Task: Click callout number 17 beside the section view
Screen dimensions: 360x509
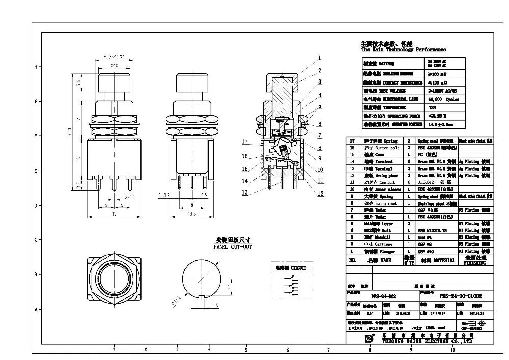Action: click(245, 141)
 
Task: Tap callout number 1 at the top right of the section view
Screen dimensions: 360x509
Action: click(319, 57)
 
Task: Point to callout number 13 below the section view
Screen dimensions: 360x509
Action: click(245, 192)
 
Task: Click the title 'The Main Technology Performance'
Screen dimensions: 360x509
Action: click(403, 50)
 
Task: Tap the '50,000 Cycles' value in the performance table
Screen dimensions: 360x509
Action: click(441, 99)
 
